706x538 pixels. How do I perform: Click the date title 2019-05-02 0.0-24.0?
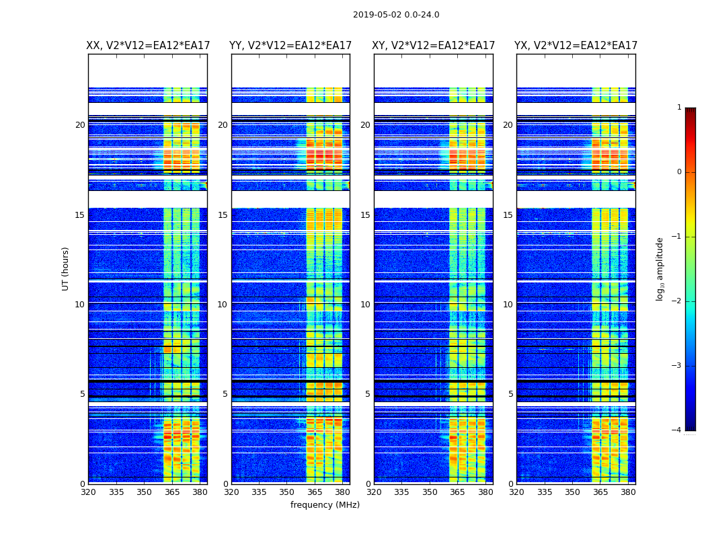[x=396, y=15]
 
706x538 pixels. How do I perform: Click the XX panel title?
[x=148, y=46]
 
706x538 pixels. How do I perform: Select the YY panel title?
[x=290, y=46]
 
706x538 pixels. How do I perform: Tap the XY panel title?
[x=434, y=46]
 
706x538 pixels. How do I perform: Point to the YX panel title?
[x=576, y=46]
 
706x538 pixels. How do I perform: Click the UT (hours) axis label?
[x=65, y=268]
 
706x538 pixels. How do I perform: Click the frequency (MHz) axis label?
[x=325, y=505]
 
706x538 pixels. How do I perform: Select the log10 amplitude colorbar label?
[x=660, y=268]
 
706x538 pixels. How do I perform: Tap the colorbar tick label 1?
[x=678, y=108]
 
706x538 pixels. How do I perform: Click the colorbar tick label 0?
[x=678, y=172]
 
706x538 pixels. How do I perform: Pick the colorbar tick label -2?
[x=677, y=301]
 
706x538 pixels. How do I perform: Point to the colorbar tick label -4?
[x=677, y=430]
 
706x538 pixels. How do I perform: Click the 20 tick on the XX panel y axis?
[x=80, y=125]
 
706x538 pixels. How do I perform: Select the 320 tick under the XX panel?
[x=88, y=492]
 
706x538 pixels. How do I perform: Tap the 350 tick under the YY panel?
[x=287, y=492]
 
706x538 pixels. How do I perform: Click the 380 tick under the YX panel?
[x=628, y=492]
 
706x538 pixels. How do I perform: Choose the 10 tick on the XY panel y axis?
[x=365, y=305]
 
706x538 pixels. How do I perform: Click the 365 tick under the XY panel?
[x=458, y=492]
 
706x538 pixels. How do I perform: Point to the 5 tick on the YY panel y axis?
[x=225, y=394]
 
